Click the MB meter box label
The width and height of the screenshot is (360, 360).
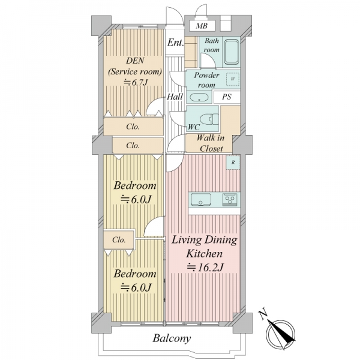point(202,26)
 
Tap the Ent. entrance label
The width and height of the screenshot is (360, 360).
point(176,43)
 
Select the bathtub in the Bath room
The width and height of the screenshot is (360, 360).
point(231,52)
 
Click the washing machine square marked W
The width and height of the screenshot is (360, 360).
point(233,79)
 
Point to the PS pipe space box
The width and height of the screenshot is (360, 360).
point(227,97)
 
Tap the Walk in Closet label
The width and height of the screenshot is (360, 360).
point(211,143)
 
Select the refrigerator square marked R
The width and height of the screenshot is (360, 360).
point(233,163)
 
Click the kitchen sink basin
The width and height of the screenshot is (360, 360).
point(201,199)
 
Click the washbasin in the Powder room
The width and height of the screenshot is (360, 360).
point(199,97)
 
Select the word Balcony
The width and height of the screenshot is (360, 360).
point(172,338)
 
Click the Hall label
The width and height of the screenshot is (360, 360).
point(175,97)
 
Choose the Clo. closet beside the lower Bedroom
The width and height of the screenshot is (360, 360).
point(119,240)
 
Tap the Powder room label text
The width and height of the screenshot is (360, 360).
point(206,80)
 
